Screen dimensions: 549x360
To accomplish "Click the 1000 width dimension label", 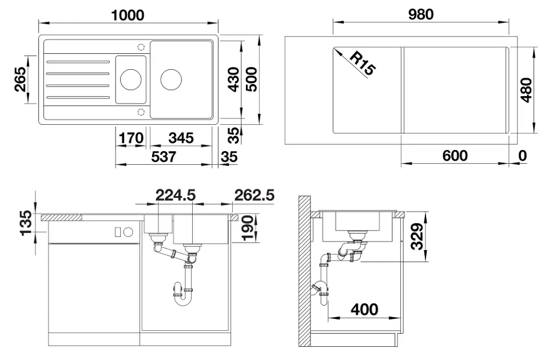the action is (x=128, y=15).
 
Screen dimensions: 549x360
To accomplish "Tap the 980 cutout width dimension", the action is (x=421, y=14).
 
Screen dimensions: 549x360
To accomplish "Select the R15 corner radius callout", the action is (x=363, y=63).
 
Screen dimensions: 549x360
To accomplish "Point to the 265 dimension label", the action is (x=21, y=79).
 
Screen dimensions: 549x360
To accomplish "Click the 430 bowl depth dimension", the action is (x=233, y=80).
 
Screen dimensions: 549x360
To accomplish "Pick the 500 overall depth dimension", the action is (x=251, y=80).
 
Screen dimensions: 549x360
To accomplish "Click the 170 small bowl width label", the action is (x=131, y=138).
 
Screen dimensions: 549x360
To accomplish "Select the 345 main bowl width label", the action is (x=181, y=138).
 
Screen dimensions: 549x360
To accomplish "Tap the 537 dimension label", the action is (x=164, y=157).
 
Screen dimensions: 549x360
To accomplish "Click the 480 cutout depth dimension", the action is (x=526, y=90).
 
